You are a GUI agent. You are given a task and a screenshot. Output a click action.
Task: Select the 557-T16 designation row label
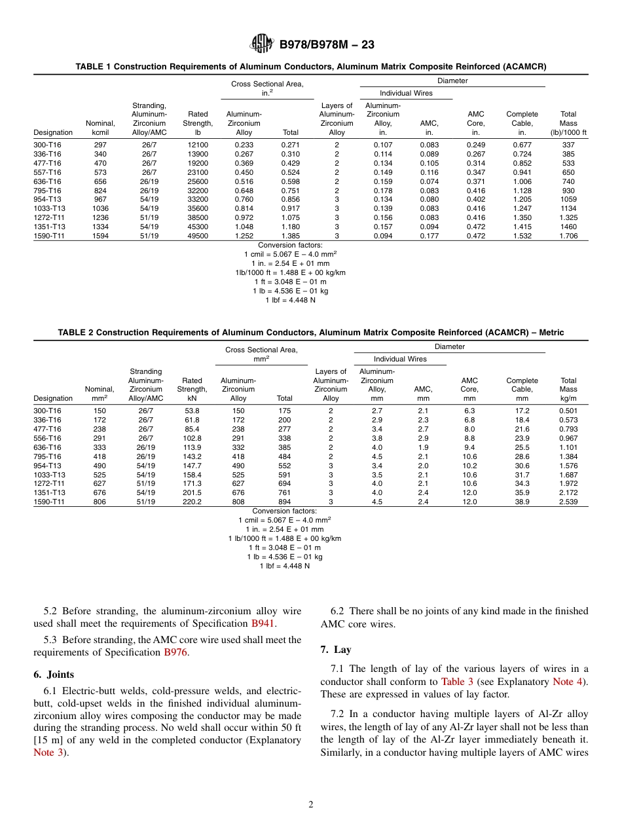click(47, 172)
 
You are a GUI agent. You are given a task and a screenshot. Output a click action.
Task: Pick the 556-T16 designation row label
click(47, 438)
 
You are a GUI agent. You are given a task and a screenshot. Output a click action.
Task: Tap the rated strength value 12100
click(198, 145)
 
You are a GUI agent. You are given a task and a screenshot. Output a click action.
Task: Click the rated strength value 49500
click(198, 236)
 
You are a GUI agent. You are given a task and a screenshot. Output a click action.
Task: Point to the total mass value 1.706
click(568, 236)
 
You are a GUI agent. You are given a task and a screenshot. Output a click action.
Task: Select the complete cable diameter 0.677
click(522, 145)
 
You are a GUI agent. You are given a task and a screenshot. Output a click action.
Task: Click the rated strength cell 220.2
click(192, 502)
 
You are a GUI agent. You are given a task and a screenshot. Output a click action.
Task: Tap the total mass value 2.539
click(568, 502)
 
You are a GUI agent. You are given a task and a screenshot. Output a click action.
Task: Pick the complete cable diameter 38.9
click(522, 502)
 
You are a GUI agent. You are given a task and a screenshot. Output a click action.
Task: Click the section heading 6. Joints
click(54, 675)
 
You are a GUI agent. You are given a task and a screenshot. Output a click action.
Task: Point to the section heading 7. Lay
click(336, 650)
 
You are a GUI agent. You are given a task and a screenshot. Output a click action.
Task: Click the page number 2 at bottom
click(311, 805)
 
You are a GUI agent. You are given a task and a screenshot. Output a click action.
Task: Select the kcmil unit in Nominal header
click(100, 132)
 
